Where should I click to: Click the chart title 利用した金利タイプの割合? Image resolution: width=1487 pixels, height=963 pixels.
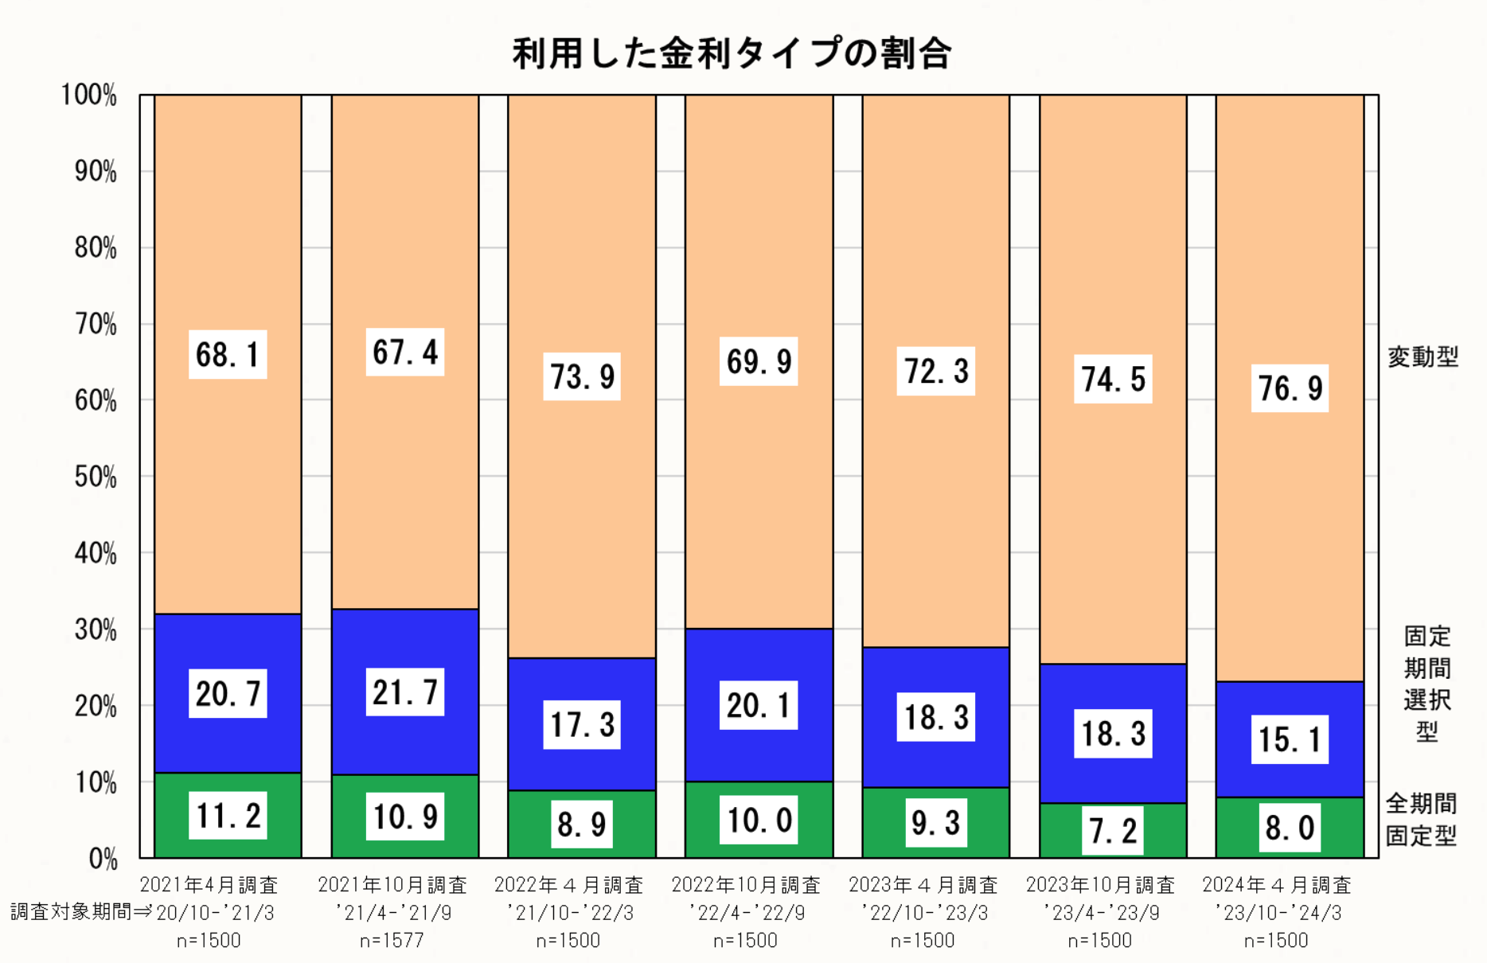click(732, 54)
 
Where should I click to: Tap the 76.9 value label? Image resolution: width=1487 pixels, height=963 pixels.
click(1290, 388)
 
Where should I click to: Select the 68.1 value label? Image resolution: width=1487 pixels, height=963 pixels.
click(228, 355)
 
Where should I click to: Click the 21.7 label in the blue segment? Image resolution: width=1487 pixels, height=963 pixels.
click(405, 692)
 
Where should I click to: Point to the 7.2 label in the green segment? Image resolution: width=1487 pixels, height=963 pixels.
click(1112, 831)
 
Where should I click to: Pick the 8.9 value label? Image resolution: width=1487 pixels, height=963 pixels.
click(582, 825)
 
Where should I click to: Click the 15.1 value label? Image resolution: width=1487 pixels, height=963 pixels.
click(1290, 740)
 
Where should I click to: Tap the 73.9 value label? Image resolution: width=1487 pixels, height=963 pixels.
click(582, 376)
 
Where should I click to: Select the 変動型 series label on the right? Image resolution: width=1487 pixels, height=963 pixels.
click(1423, 357)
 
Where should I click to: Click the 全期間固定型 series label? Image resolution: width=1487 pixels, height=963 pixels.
click(1421, 820)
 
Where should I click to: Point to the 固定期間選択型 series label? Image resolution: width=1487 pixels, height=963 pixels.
click(1427, 684)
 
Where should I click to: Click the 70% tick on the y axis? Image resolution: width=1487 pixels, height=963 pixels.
click(96, 325)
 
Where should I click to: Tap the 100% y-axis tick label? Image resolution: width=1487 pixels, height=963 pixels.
click(89, 96)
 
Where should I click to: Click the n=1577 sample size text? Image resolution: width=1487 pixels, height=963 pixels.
click(392, 941)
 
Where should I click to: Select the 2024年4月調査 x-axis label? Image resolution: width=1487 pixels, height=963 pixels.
click(1277, 885)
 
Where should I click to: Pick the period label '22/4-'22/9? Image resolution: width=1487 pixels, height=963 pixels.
click(746, 913)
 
